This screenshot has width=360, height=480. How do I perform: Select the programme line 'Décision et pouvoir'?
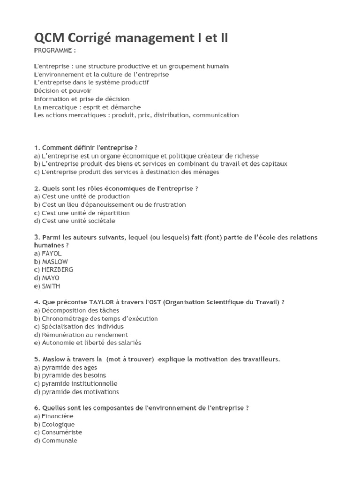(63, 90)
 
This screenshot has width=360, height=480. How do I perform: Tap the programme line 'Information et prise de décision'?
(82, 99)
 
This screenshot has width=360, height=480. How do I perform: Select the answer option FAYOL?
(52, 254)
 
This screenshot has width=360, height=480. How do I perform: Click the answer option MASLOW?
(54, 262)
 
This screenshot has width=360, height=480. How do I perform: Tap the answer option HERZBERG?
(57, 270)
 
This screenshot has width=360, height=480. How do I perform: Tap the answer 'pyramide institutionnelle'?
(79, 383)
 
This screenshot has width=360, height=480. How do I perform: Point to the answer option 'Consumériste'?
(61, 432)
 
